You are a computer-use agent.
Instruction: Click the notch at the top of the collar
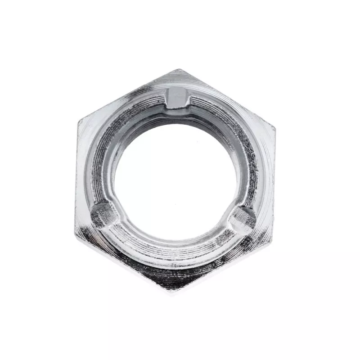pos(177,98)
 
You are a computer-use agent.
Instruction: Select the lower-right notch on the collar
pos(243,218)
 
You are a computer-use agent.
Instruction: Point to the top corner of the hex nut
pos(179,70)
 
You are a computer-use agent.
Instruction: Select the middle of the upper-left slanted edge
pos(128,95)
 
